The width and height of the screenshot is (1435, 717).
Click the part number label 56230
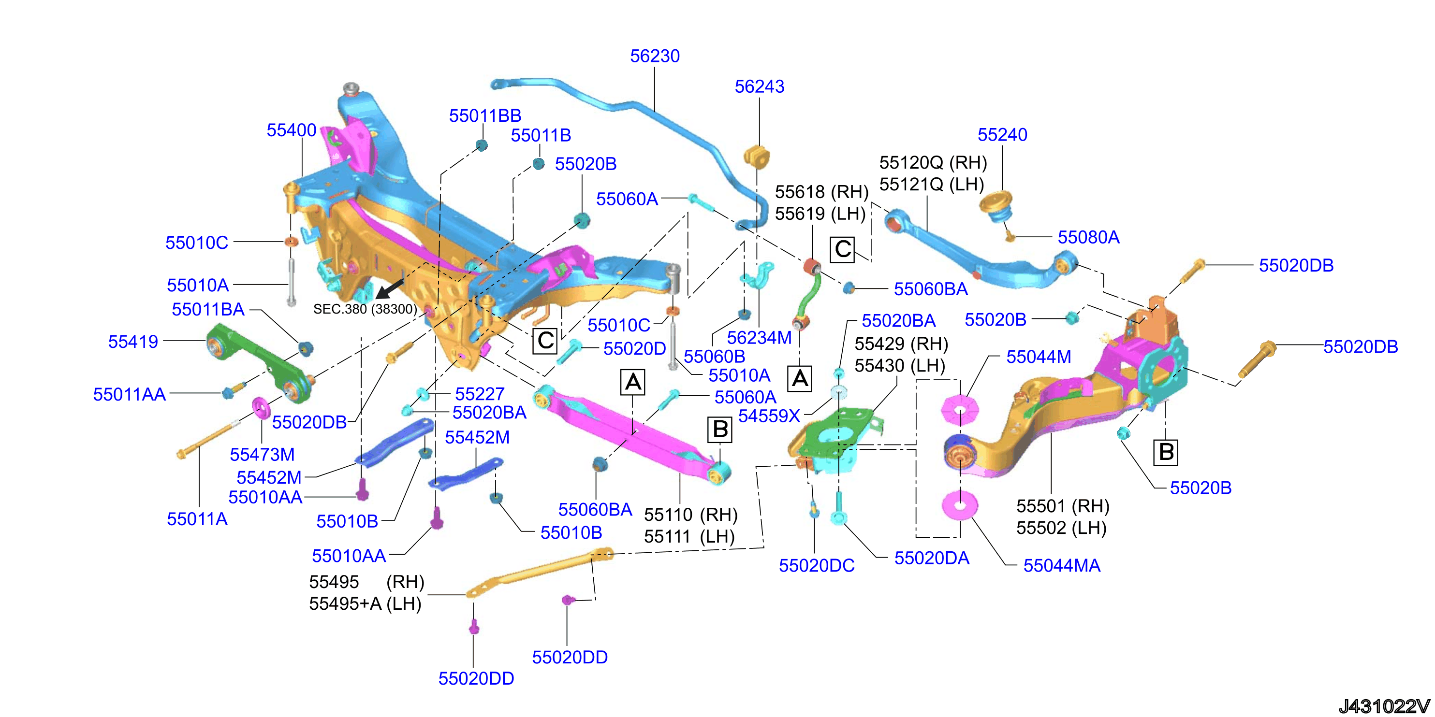655,56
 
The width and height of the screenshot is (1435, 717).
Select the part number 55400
292,130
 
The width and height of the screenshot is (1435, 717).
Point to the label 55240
1002,135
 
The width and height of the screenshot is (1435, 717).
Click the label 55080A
1088,237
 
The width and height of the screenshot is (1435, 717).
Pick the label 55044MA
1062,566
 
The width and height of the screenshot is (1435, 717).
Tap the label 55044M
1039,357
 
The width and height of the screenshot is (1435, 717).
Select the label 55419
133,342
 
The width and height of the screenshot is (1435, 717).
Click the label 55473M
262,455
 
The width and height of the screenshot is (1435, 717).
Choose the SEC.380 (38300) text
365,309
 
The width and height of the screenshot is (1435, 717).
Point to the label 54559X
769,416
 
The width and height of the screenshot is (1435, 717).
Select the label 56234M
759,338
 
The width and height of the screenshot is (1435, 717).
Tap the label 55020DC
816,566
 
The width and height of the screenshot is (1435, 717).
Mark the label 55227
480,394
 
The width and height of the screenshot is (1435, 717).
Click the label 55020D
634,349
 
